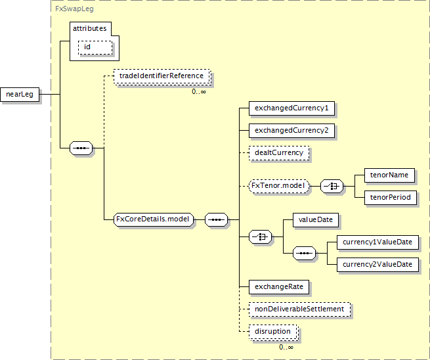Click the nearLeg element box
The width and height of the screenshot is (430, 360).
click(x=20, y=95)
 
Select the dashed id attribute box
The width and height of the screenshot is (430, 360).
click(x=95, y=47)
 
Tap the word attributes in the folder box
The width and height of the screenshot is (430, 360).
click(x=90, y=28)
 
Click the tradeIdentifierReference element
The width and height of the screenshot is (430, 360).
click(x=161, y=76)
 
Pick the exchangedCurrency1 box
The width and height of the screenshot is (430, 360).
click(x=291, y=108)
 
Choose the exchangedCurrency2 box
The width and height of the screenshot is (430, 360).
click(x=291, y=130)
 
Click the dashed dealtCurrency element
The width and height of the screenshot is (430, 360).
click(x=279, y=153)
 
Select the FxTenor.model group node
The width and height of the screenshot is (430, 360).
click(x=279, y=186)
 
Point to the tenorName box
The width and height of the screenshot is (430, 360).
click(x=389, y=175)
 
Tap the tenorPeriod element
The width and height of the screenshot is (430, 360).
click(x=391, y=198)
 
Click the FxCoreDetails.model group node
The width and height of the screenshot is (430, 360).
click(x=154, y=219)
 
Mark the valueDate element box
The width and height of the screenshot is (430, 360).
click(x=316, y=220)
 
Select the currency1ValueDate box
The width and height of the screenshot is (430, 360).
click(x=377, y=242)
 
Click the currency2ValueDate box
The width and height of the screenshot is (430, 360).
click(x=377, y=265)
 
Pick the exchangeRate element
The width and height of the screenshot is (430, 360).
click(x=279, y=286)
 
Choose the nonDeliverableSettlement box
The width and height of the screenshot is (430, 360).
click(x=299, y=309)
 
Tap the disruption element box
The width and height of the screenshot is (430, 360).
click(x=273, y=332)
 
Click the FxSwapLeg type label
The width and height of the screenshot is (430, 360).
click(x=74, y=9)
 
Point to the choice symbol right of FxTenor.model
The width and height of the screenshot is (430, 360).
click(x=332, y=187)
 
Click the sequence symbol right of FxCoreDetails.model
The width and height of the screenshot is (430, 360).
click(x=217, y=220)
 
